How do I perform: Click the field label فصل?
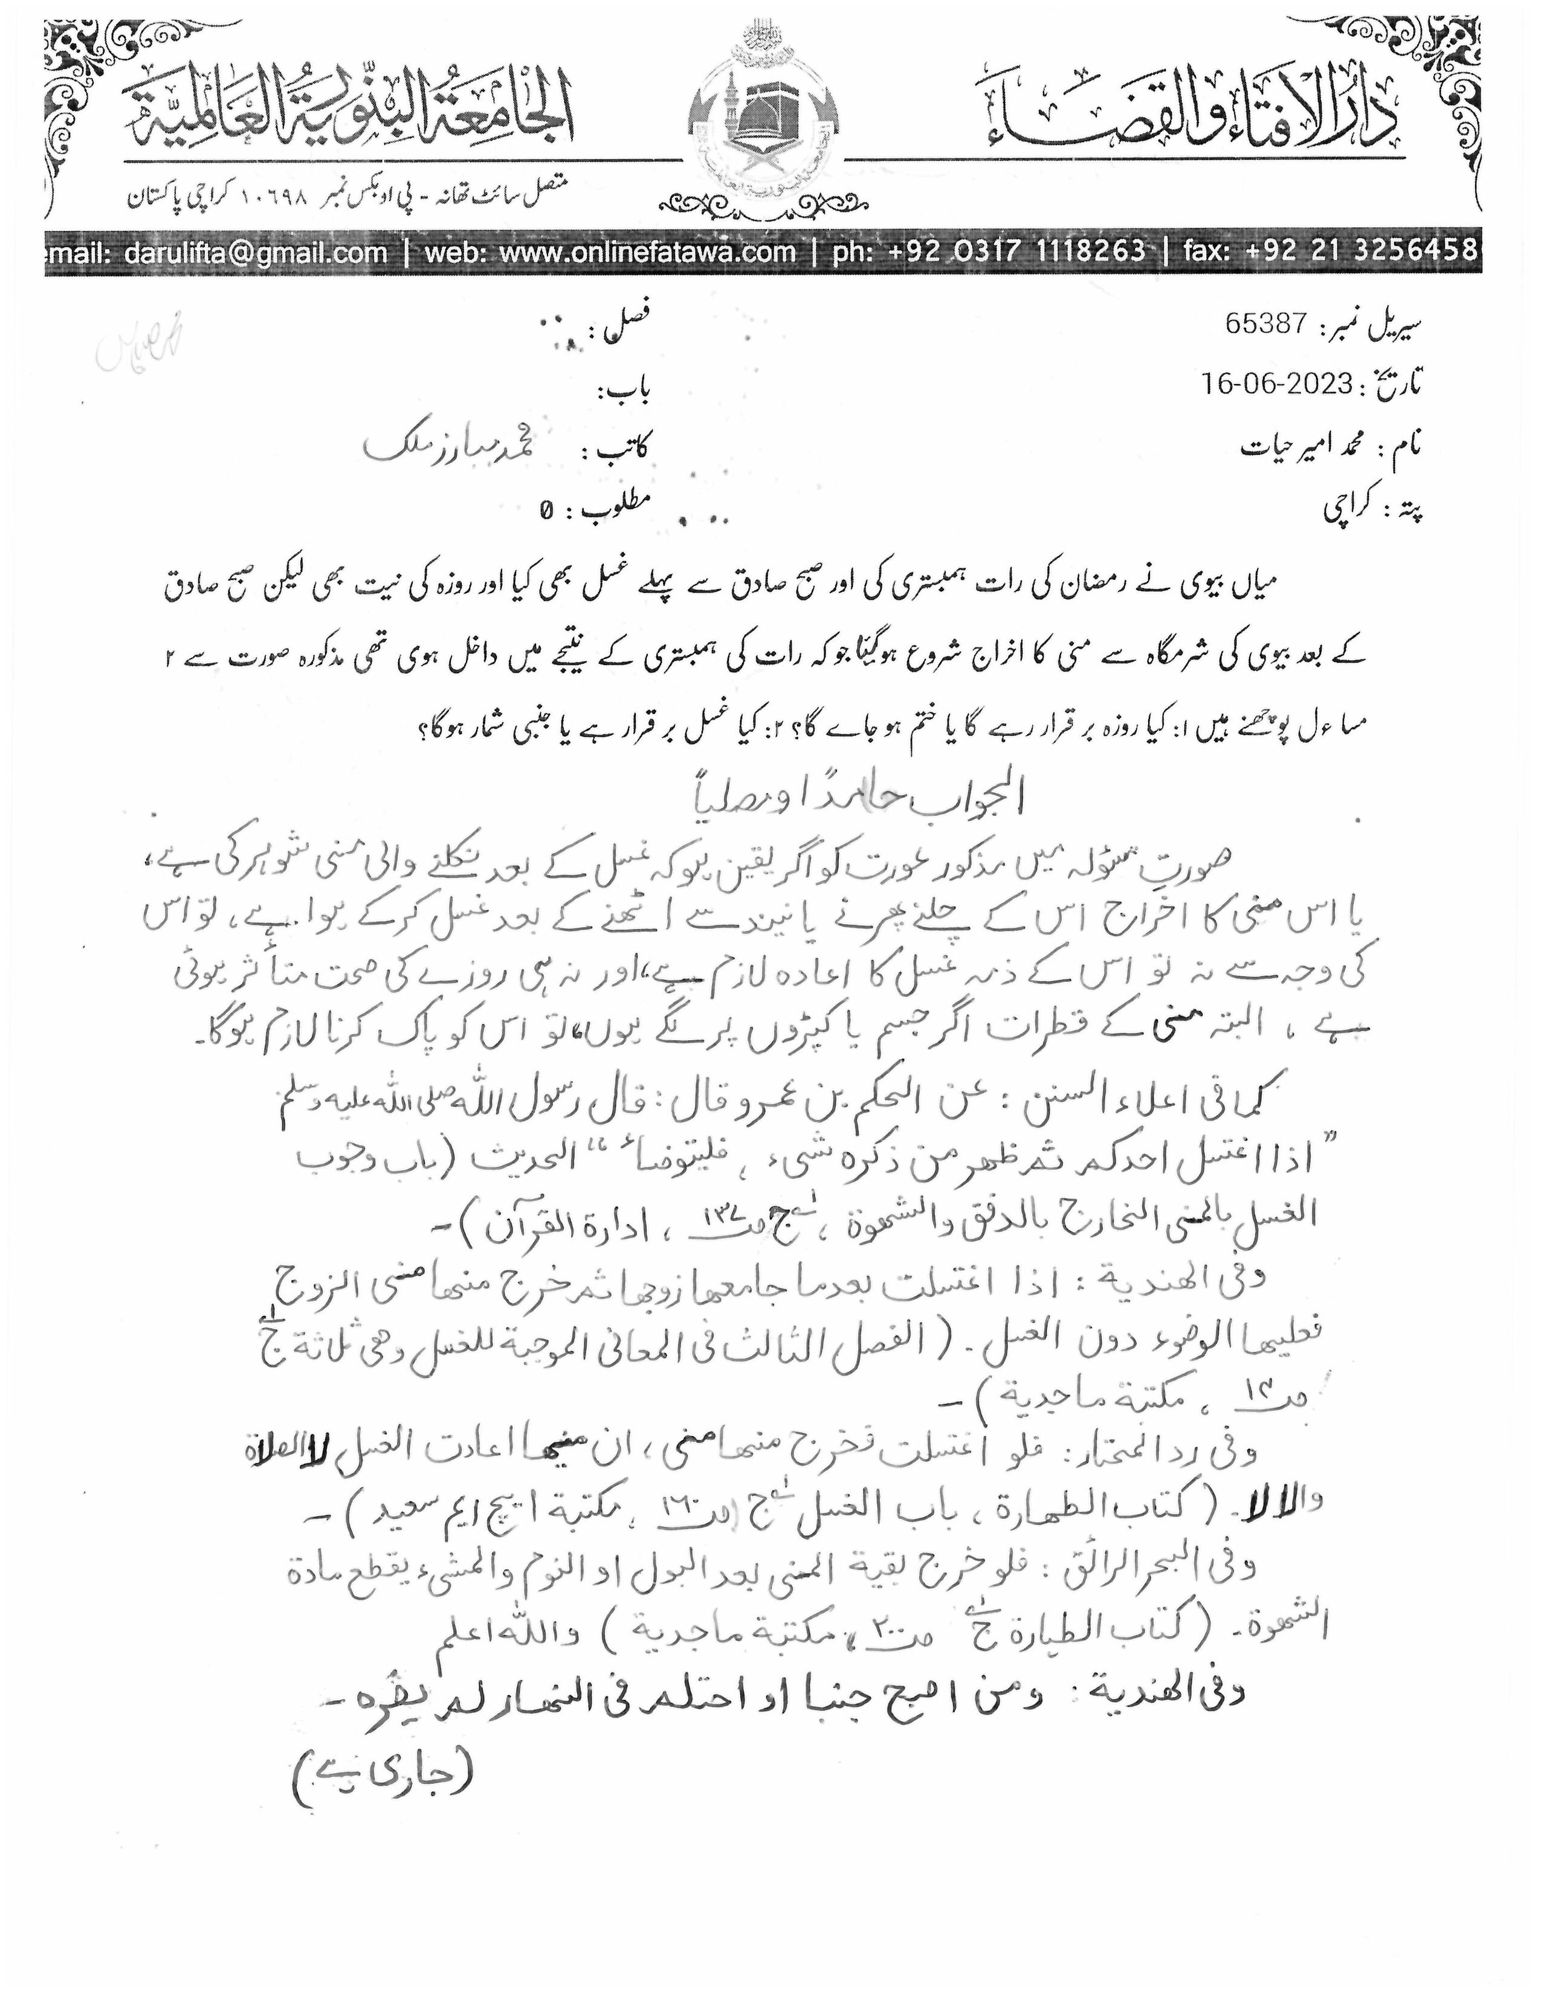[x=626, y=322]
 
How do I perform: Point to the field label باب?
[x=624, y=391]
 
